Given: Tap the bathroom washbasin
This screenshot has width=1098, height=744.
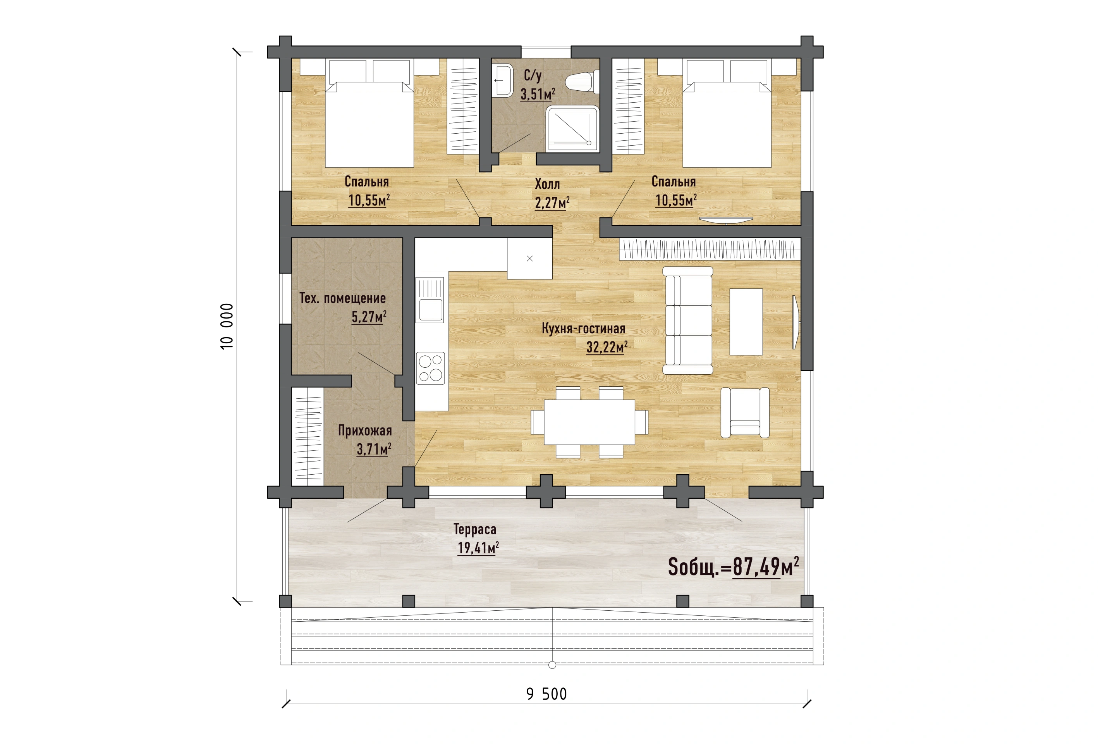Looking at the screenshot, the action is click(502, 80).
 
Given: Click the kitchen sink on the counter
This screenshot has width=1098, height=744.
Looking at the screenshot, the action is click(430, 300).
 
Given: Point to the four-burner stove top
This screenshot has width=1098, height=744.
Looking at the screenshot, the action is click(430, 368).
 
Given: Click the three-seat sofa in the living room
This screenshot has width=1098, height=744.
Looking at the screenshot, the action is click(687, 320).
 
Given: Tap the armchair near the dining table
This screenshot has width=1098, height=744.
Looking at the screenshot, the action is click(745, 412).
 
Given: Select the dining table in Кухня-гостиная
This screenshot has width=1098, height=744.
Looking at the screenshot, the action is click(589, 422).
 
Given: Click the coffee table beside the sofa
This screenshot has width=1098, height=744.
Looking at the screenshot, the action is click(746, 322).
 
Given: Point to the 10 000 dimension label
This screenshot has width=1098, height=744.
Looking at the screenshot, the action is click(227, 326).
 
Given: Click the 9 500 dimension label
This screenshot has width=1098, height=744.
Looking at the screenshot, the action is click(546, 694).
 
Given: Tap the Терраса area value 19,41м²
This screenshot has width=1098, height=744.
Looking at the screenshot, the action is click(478, 548).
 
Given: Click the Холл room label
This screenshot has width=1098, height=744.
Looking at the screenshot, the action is click(547, 184).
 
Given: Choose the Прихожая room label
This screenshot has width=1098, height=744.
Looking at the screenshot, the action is click(365, 431).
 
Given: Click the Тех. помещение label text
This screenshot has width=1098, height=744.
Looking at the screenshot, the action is click(342, 298).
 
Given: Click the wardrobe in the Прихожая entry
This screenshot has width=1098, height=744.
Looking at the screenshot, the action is click(308, 436).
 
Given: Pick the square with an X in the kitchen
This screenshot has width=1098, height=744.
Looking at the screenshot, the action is click(529, 258).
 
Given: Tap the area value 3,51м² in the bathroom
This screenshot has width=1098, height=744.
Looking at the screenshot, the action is click(538, 94).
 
